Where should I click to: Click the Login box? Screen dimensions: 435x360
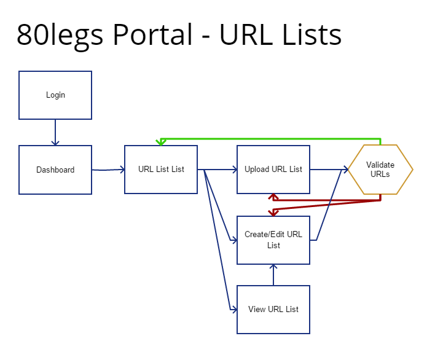click(x=55, y=95)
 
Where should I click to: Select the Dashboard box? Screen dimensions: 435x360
click(x=55, y=170)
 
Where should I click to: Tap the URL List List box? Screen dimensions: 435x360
click(x=161, y=169)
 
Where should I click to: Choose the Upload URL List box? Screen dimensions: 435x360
click(x=273, y=169)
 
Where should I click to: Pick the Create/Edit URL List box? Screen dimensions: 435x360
click(x=273, y=240)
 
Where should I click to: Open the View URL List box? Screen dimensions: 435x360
click(x=273, y=310)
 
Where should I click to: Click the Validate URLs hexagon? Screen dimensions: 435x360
click(x=380, y=170)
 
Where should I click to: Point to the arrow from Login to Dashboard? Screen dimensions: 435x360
click(x=55, y=132)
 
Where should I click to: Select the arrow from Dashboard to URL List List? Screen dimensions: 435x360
click(x=108, y=170)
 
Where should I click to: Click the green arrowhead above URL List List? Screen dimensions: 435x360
click(x=161, y=143)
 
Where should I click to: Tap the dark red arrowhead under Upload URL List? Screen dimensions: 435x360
click(x=273, y=197)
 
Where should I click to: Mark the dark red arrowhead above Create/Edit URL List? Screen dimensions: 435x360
click(x=273, y=213)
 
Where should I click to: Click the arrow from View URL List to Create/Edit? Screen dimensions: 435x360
click(x=273, y=275)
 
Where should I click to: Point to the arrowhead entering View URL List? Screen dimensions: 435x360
click(x=234, y=309)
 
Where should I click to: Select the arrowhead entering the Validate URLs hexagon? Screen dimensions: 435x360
click(x=346, y=169)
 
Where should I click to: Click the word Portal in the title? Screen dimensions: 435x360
click(x=153, y=34)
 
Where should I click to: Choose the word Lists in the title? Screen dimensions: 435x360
click(x=312, y=34)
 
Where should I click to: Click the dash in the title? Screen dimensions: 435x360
click(x=206, y=37)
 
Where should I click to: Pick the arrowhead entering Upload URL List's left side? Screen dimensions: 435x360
click(x=235, y=169)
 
